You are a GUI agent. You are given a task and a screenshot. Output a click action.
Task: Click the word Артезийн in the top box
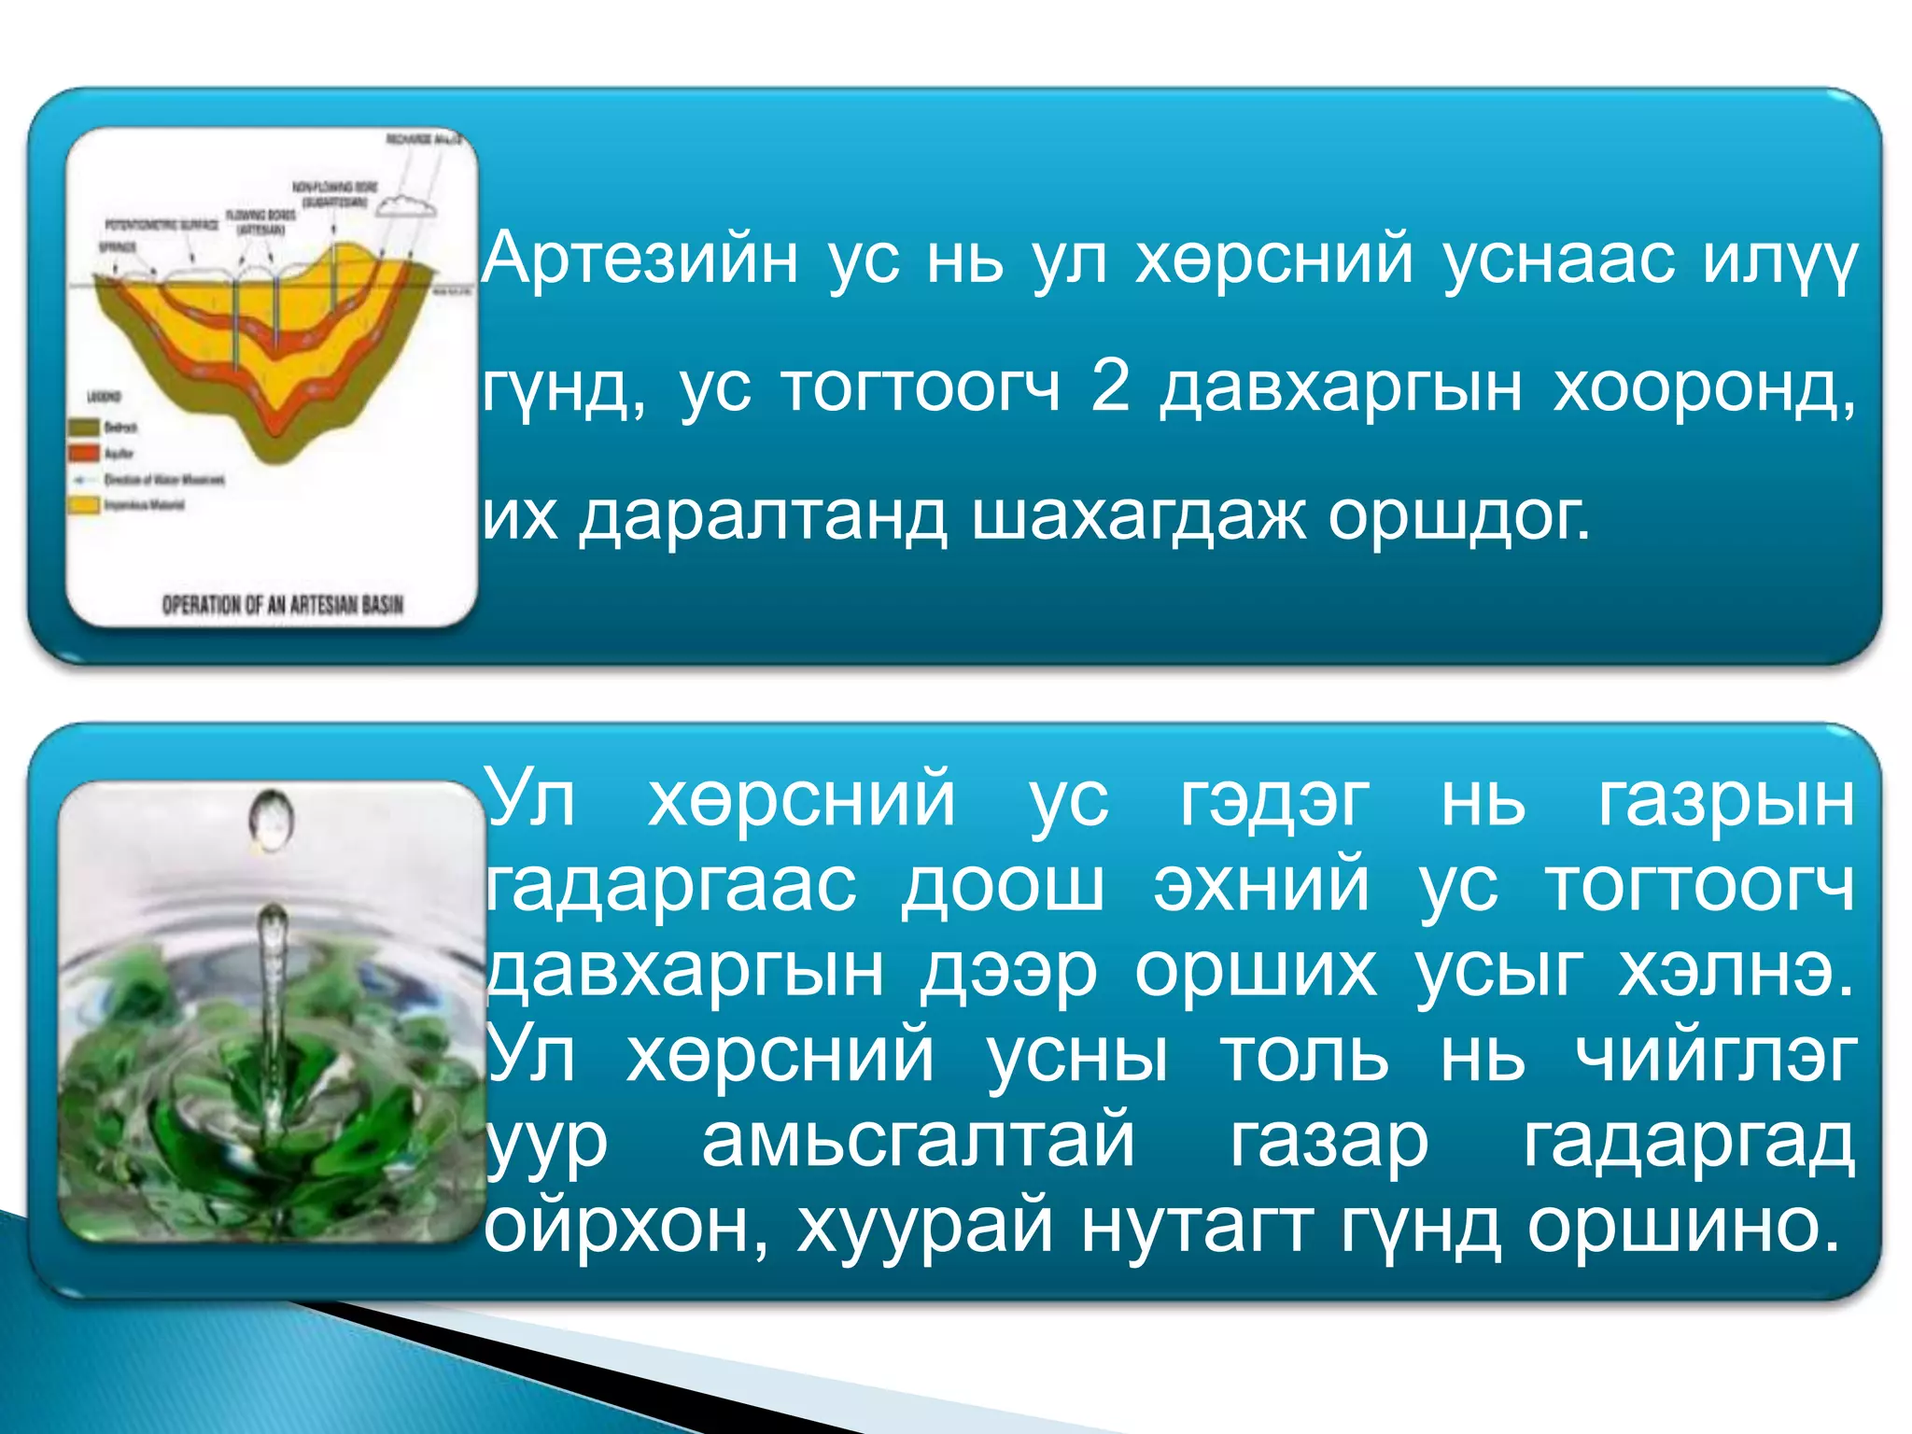point(640,260)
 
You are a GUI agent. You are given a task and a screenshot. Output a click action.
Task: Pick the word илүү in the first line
point(1779,260)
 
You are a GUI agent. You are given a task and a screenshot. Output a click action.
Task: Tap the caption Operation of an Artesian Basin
point(282,605)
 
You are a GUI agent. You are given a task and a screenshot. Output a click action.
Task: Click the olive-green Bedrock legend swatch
point(84,428)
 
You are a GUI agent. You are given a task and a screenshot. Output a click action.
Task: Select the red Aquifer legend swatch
point(84,454)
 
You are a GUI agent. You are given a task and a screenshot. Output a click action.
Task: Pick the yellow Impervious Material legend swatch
point(84,505)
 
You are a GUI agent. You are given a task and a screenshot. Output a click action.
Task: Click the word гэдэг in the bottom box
point(1274,800)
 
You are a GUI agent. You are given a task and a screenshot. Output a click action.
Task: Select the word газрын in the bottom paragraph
point(1725,800)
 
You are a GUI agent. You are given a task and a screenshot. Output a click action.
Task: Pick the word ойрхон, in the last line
point(627,1226)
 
